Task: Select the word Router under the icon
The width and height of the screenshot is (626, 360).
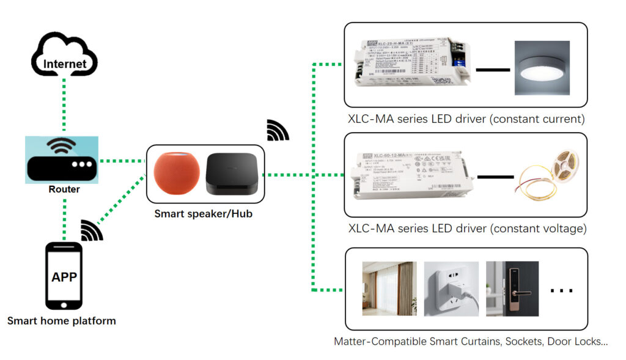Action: [64, 189]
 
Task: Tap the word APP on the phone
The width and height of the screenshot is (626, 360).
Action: [64, 277]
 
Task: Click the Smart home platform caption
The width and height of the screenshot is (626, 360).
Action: [61, 321]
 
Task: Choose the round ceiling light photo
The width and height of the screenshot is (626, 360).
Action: [542, 68]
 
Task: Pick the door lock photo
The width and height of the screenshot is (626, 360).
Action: [512, 289]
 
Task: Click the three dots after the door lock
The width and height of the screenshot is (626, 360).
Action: [561, 291]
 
